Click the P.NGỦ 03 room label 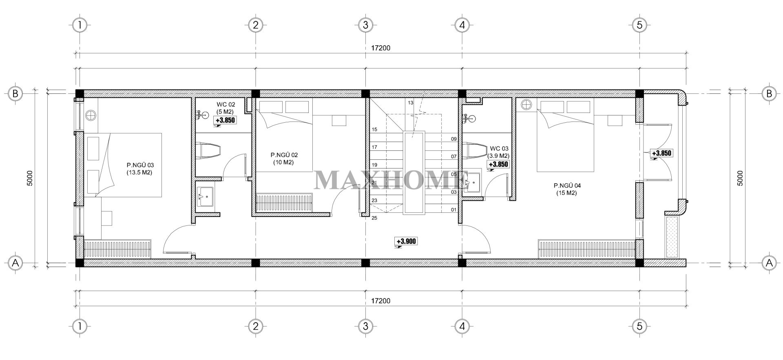pyautogui.click(x=140, y=169)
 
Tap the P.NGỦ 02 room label pyautogui.click(x=284, y=159)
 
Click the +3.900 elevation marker pyautogui.click(x=406, y=242)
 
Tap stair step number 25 pyautogui.click(x=374, y=218)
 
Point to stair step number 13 pyautogui.click(x=410, y=103)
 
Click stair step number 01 pyautogui.click(x=453, y=210)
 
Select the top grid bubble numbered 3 pyautogui.click(x=365, y=25)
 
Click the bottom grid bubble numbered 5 pyautogui.click(x=639, y=326)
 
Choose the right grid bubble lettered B pyautogui.click(x=769, y=94)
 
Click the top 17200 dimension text pyautogui.click(x=380, y=48)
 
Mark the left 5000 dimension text pyautogui.click(x=29, y=178)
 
